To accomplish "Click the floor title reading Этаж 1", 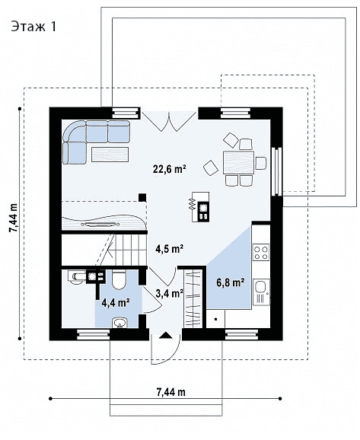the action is pos(33,27).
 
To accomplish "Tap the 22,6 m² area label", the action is pos(170,169).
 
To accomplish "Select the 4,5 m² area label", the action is pos(170,249).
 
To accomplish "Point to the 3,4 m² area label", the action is pos(170,294).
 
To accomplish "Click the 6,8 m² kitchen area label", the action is pos(230,282).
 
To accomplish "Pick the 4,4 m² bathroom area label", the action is pos(116,303).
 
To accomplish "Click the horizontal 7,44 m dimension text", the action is pos(171,392).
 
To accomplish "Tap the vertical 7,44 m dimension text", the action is pos(13,218).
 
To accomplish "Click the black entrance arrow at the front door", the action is pos(166,335).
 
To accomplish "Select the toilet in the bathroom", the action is pos(119,280).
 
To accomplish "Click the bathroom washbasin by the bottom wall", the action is pos(120,323).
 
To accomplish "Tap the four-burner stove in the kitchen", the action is pos(261,252).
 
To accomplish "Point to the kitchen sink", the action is pos(261,292).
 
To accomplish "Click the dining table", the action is pos(238,163).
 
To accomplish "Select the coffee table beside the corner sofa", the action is pos(110,155).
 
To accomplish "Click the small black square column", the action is pos(142,198).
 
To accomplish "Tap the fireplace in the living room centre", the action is pos(200,207).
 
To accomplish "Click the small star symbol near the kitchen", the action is pos(216,319).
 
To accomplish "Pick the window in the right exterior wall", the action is pos(277,171).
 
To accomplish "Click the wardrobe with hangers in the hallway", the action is pos(193,298).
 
